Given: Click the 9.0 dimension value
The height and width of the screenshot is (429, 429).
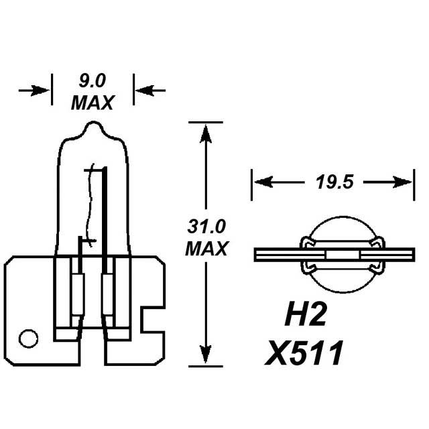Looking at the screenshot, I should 92,82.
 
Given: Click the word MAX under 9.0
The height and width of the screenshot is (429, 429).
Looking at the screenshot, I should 92,103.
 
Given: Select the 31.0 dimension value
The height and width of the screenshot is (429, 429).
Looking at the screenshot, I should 206,225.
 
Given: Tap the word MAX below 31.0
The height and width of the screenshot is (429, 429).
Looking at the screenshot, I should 206,249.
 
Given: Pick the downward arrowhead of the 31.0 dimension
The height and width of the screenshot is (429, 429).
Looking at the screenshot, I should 206,356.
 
